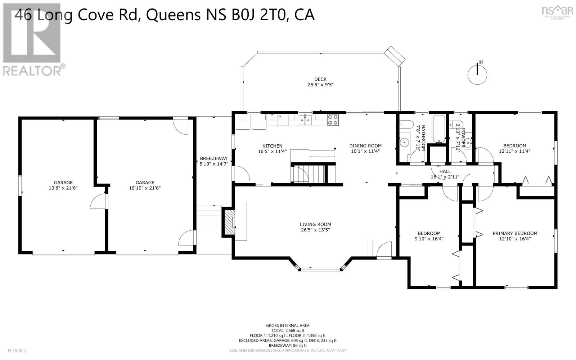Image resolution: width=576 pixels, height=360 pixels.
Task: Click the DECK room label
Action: (x=320, y=79)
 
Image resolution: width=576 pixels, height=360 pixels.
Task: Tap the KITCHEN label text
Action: (x=272, y=146)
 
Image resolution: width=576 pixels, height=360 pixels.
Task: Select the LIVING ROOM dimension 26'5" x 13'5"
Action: (x=315, y=230)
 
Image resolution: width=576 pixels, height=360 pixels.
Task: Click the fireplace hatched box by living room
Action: (x=228, y=220)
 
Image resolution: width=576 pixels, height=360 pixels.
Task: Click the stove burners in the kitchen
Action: (x=333, y=120)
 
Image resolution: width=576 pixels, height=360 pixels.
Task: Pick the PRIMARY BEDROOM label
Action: (x=514, y=233)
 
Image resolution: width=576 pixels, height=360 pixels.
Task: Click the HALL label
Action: (x=445, y=171)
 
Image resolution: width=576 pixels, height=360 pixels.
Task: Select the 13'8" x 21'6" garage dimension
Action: (x=63, y=188)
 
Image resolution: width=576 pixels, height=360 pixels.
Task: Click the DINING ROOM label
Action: (x=365, y=146)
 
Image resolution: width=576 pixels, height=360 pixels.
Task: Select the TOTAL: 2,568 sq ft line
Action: (x=287, y=330)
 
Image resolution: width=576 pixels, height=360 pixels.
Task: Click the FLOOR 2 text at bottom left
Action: (x=17, y=350)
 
